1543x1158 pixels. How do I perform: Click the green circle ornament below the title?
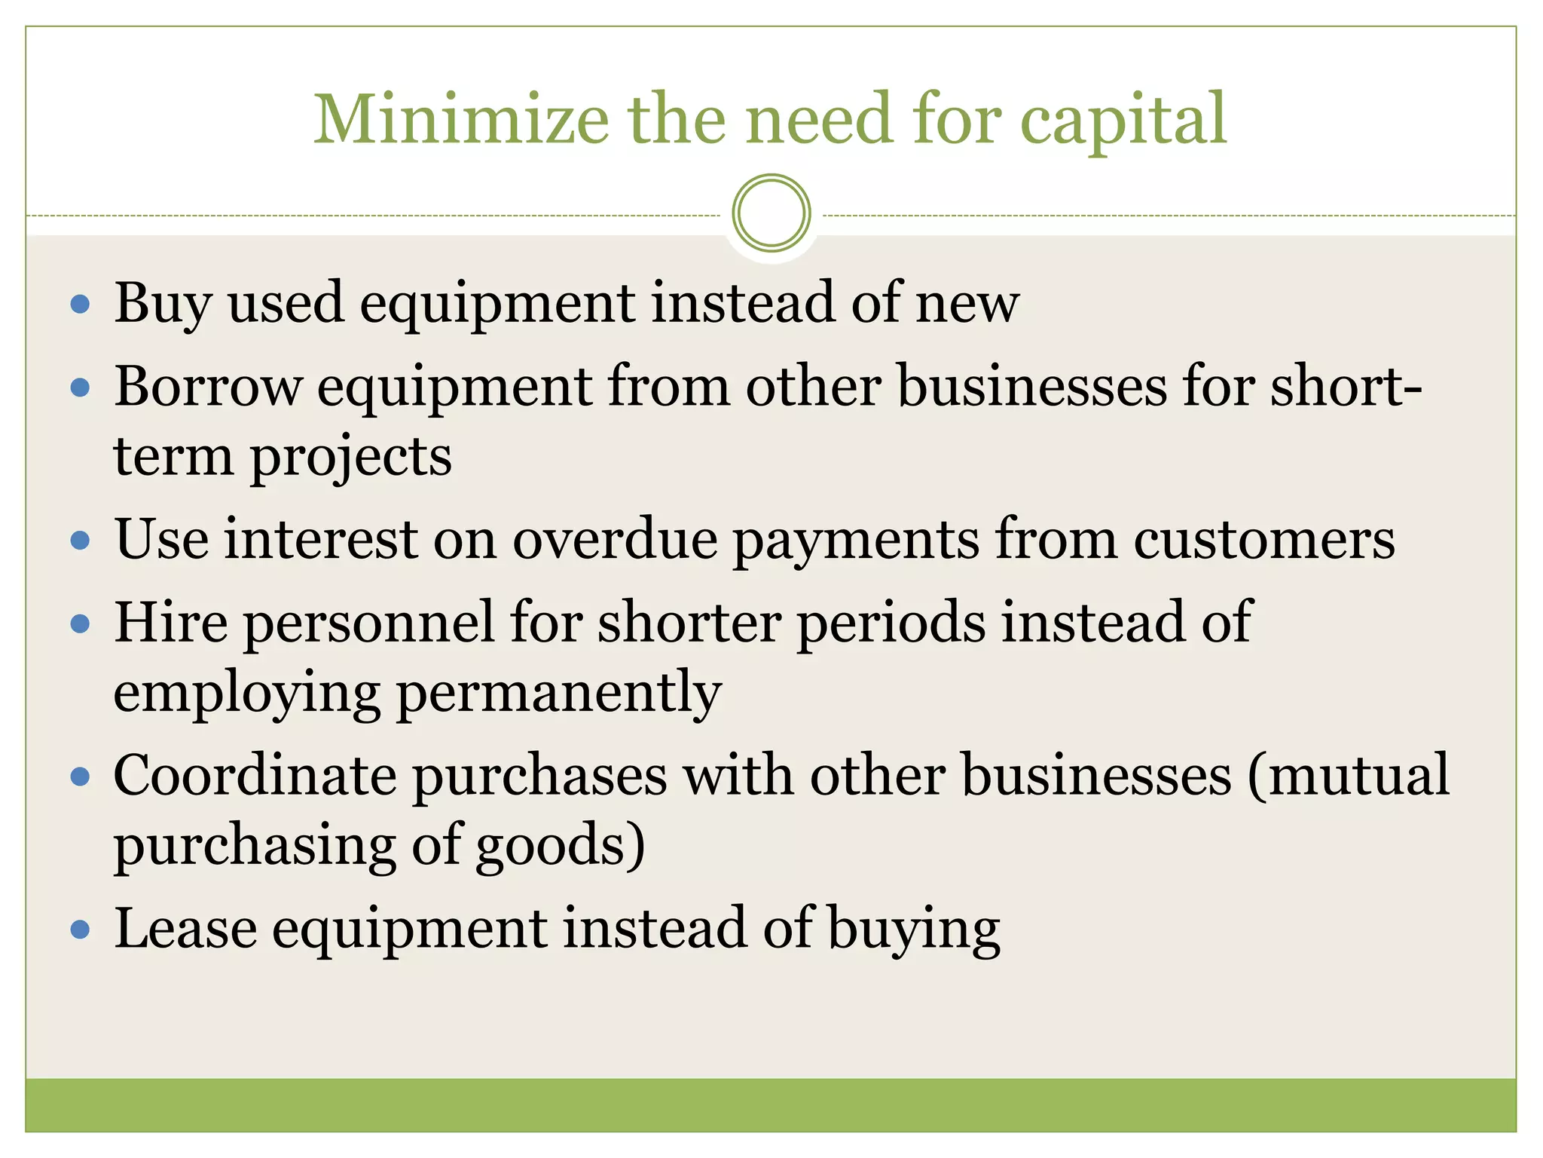point(771,213)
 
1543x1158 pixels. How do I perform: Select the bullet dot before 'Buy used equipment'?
point(80,305)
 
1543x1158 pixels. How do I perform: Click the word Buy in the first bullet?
point(163,304)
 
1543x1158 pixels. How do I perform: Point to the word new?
point(967,304)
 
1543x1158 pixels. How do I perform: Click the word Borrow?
point(207,387)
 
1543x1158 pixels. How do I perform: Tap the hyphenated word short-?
point(1346,387)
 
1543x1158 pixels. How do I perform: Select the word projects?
point(350,458)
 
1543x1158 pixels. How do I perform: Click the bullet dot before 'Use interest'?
point(80,541)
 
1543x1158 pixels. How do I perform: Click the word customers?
point(1264,541)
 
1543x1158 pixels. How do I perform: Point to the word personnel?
point(367,623)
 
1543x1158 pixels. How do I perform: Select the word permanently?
point(559,693)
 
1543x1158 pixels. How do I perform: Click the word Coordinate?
point(255,776)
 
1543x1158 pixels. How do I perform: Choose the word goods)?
point(561,846)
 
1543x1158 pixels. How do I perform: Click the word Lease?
point(185,929)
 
